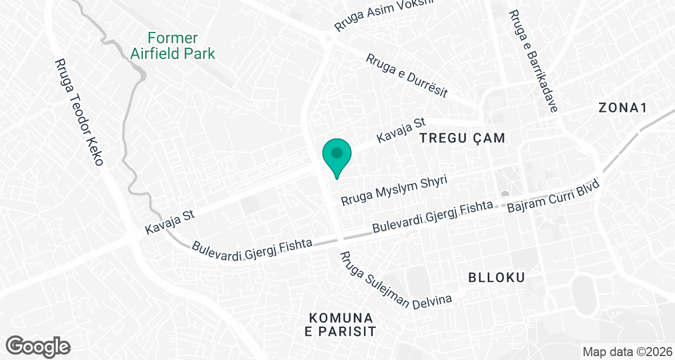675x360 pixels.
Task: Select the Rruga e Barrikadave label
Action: pyautogui.click(x=532, y=61)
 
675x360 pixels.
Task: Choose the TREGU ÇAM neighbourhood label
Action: pyautogui.click(x=461, y=138)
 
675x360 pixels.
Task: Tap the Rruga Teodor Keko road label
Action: pyautogui.click(x=79, y=112)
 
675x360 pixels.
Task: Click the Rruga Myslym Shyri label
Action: pyautogui.click(x=394, y=191)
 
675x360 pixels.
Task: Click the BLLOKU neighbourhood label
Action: pyautogui.click(x=497, y=277)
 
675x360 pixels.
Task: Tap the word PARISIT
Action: pyautogui.click(x=340, y=331)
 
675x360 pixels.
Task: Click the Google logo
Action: pyautogui.click(x=38, y=345)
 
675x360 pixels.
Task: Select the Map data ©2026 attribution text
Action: pyautogui.click(x=627, y=352)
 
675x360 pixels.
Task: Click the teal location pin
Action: pyautogui.click(x=336, y=155)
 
